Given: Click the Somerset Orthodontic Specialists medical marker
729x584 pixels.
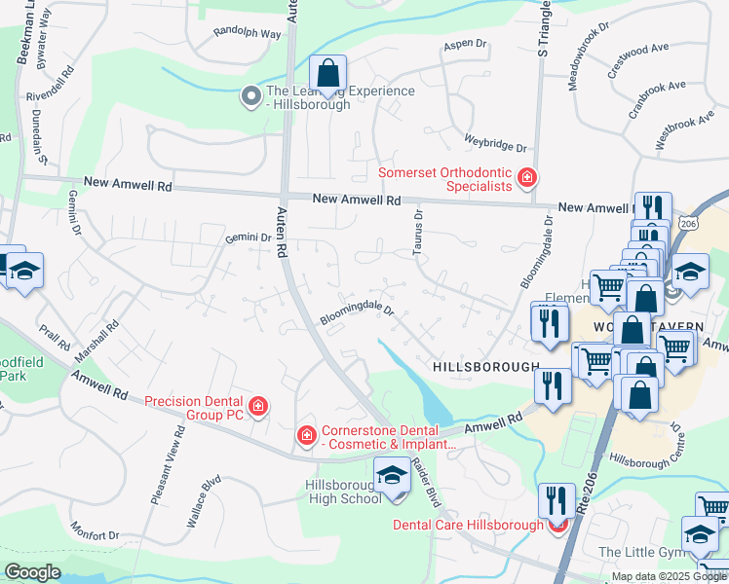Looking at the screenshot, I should pos(527,177).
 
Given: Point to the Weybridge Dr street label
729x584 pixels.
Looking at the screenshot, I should pos(495,143).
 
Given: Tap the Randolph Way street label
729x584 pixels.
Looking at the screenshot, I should pos(248,33).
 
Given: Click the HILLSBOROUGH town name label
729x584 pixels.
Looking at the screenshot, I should pos(484,367).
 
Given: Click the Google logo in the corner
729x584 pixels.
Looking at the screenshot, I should pos(32,571).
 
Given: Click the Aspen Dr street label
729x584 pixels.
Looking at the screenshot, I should pos(464,44).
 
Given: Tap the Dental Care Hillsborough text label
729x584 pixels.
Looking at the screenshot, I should pos(468,525).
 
